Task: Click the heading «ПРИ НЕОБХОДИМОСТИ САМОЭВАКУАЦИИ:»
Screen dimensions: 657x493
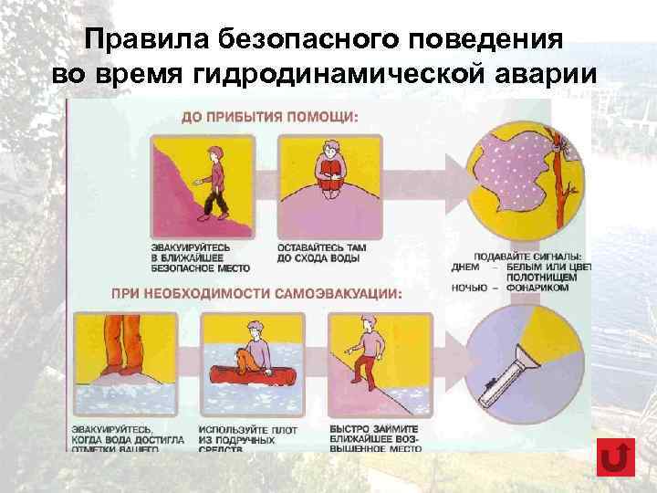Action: pos(255,294)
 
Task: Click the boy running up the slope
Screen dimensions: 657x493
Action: pos(365,351)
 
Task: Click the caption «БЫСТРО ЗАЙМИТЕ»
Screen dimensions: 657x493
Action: pos(373,427)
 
